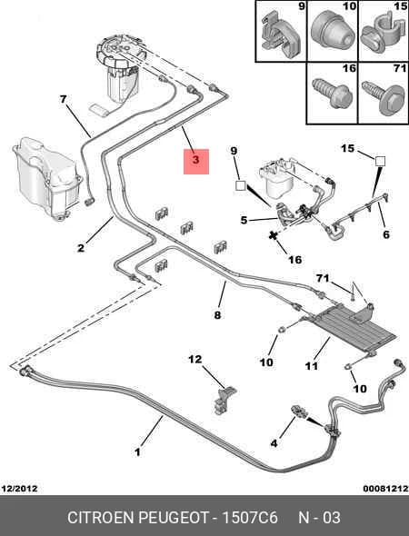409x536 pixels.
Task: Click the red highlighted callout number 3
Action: [196, 160]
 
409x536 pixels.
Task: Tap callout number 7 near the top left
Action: [63, 99]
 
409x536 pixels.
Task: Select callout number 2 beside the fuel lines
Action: [81, 248]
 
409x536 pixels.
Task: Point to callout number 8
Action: [217, 315]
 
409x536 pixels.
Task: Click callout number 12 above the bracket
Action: [195, 359]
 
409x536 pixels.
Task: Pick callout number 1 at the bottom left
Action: [137, 452]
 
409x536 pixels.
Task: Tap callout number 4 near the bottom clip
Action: [274, 443]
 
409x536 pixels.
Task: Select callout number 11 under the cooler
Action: [312, 366]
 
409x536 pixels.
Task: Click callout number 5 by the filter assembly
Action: [244, 220]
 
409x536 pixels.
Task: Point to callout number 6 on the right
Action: [386, 234]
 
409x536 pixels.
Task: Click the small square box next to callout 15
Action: [380, 161]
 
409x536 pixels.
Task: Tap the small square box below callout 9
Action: [241, 185]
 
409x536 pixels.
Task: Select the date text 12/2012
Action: [19, 488]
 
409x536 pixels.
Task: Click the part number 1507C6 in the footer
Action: [250, 517]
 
